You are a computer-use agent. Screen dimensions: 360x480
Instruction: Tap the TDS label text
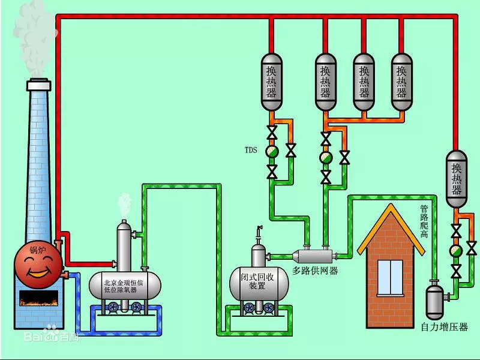(x=251, y=151)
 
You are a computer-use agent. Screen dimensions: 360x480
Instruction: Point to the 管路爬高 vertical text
(x=424, y=222)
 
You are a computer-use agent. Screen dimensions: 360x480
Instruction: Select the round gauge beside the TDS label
(x=272, y=151)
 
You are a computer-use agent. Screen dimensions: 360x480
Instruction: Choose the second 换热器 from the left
(x=326, y=81)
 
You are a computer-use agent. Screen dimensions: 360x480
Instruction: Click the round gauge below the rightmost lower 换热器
(x=456, y=250)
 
